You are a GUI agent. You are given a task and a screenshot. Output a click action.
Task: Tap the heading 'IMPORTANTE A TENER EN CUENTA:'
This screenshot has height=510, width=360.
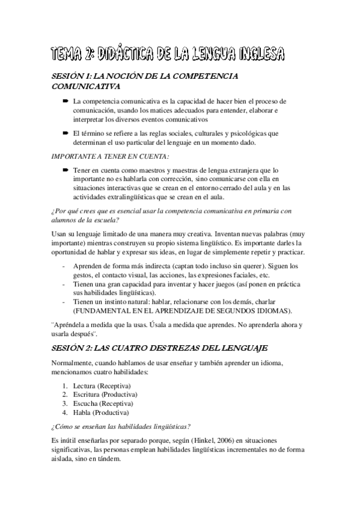click(103, 157)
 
